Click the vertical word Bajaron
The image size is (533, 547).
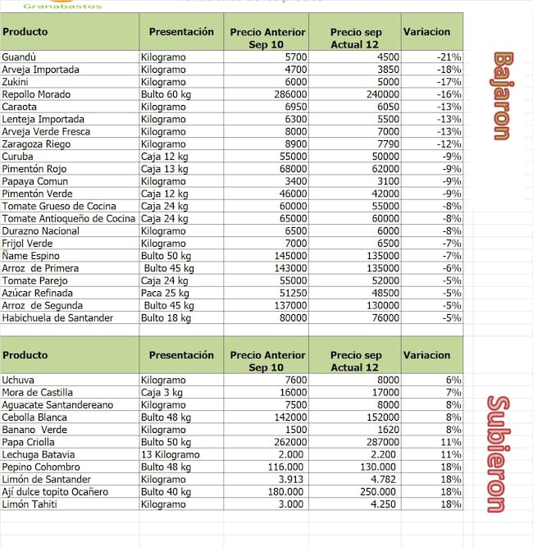(502, 96)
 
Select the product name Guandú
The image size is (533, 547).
(20, 57)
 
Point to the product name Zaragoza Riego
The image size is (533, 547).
(36, 144)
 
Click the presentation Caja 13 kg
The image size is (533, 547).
(164, 169)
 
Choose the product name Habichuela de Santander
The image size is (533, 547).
(57, 317)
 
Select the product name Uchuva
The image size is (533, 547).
(19, 381)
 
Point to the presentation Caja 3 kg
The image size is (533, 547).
(162, 393)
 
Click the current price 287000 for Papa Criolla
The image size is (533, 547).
(382, 442)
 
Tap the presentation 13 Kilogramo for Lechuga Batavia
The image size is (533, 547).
(170, 454)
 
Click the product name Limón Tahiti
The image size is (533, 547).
(30, 504)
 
